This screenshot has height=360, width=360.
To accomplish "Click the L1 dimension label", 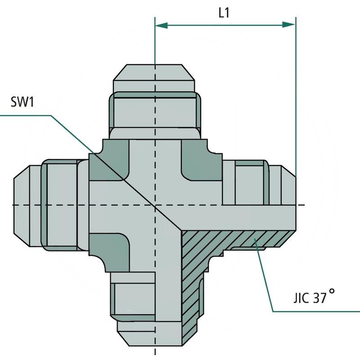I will pyautogui.click(x=224, y=13).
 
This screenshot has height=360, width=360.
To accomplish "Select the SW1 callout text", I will pyautogui.click(x=22, y=103).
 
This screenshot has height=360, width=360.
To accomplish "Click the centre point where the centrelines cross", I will pyautogui.click(x=155, y=205).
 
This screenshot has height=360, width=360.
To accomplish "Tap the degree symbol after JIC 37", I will pyautogui.click(x=332, y=291).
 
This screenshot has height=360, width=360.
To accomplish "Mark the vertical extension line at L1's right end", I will pyautogui.click(x=296, y=99).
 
